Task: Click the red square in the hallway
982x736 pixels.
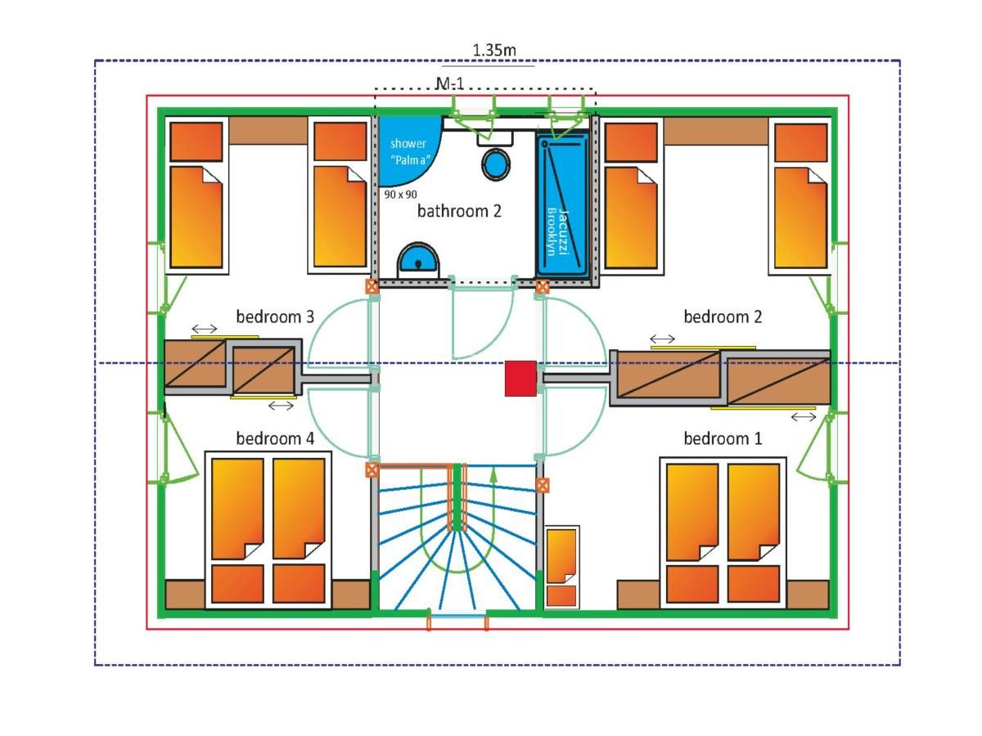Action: (520, 379)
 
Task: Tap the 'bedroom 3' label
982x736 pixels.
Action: (275, 316)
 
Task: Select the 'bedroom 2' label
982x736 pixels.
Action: (722, 316)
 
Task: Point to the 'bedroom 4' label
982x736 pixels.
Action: (275, 438)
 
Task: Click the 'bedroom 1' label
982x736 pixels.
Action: (722, 438)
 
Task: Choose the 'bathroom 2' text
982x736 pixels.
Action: (459, 211)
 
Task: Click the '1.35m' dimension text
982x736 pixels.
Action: (494, 50)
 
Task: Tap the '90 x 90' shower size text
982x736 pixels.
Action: (400, 195)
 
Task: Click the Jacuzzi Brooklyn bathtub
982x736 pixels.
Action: (563, 205)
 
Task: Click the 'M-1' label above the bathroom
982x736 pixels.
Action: (450, 83)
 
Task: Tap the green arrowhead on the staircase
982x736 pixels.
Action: (493, 474)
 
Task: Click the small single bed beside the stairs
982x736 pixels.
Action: (561, 568)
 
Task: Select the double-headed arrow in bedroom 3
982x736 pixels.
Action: (205, 329)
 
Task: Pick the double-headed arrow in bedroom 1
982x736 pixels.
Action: (804, 417)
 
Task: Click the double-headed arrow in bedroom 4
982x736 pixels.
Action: (281, 406)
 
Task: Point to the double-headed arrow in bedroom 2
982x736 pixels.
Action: (662, 339)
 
